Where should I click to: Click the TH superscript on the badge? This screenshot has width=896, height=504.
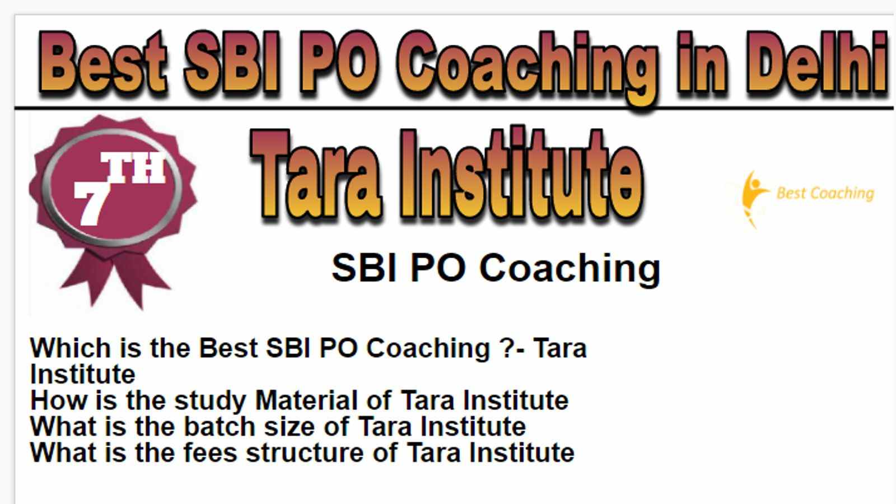(133, 167)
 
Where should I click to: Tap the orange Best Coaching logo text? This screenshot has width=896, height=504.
(825, 194)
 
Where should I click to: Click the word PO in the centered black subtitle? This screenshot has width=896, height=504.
(438, 268)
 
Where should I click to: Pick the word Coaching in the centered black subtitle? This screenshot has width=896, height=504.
(570, 269)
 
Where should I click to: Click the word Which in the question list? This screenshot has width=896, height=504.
(71, 348)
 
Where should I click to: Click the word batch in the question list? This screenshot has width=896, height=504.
(220, 426)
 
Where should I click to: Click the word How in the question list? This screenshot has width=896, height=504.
(59, 400)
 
